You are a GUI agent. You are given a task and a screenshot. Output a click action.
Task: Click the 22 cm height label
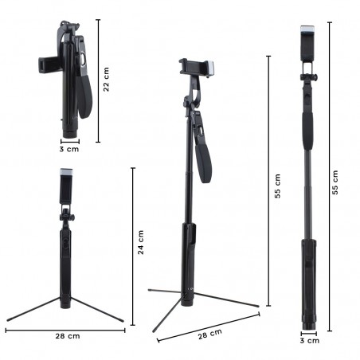coord(107,80)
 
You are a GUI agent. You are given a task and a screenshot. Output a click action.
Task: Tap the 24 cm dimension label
coord(141,242)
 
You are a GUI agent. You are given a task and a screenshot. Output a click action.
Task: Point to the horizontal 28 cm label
coord(68,337)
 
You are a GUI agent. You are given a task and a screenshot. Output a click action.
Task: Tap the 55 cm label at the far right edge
coord(335,182)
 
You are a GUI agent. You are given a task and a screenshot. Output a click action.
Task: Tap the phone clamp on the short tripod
coord(65,187)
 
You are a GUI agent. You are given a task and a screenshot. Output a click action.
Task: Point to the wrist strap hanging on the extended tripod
coord(203,151)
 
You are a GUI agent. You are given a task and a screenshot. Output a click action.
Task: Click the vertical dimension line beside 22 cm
coord(98,80)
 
